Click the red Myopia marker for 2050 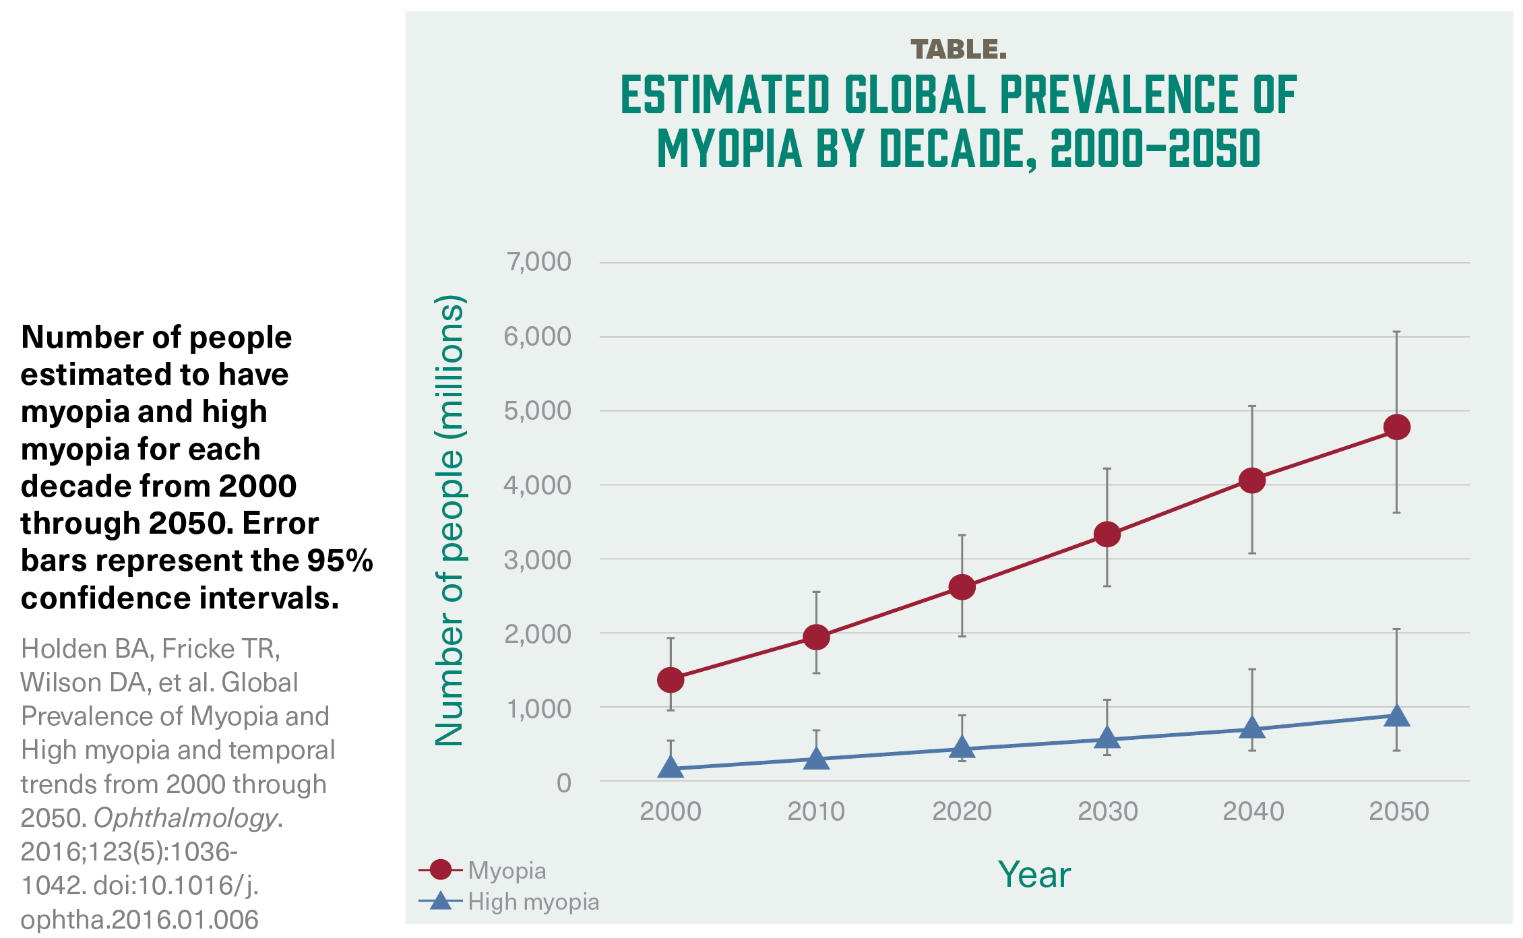(x=1396, y=427)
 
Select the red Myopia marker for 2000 (x=671, y=680)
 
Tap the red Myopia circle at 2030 (x=1107, y=534)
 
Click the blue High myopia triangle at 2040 (x=1252, y=728)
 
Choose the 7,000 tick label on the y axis (x=539, y=262)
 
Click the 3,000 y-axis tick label (x=538, y=560)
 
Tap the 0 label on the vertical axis (x=564, y=783)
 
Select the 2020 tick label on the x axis (x=962, y=811)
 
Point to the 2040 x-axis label (x=1253, y=811)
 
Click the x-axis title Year (x=1034, y=875)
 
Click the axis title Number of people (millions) (x=449, y=520)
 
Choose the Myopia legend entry (x=507, y=871)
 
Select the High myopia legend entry (x=533, y=902)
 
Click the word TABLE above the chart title (x=958, y=49)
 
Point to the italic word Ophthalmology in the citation (x=185, y=818)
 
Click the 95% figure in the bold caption (x=340, y=561)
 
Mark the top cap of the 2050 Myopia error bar (x=1396, y=332)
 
